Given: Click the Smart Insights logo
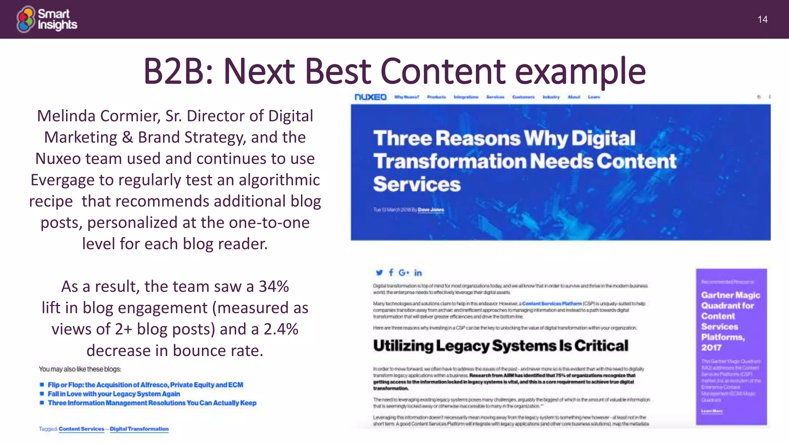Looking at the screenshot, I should click(47, 19).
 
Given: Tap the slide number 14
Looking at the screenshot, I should click(762, 20).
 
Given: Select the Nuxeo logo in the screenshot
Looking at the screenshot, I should click(370, 97).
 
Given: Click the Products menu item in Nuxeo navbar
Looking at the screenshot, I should click(436, 97).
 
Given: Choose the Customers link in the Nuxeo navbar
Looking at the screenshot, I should click(523, 97).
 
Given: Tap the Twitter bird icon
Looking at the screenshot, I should click(379, 273).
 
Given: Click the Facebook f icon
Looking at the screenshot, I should click(391, 273).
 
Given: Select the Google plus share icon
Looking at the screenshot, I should click(404, 273).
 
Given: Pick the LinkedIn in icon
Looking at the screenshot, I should click(418, 273).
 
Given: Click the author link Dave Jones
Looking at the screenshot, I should click(431, 210).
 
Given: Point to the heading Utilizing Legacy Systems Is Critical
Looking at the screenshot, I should click(500, 346).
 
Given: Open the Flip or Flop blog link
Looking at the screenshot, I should click(145, 385).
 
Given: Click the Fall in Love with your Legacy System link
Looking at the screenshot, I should click(114, 394).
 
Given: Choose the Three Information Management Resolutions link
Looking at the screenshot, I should click(152, 403).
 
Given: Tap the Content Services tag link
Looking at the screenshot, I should click(81, 429).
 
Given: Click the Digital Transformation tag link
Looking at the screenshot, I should click(139, 429).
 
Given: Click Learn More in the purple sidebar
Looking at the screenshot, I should click(712, 411).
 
